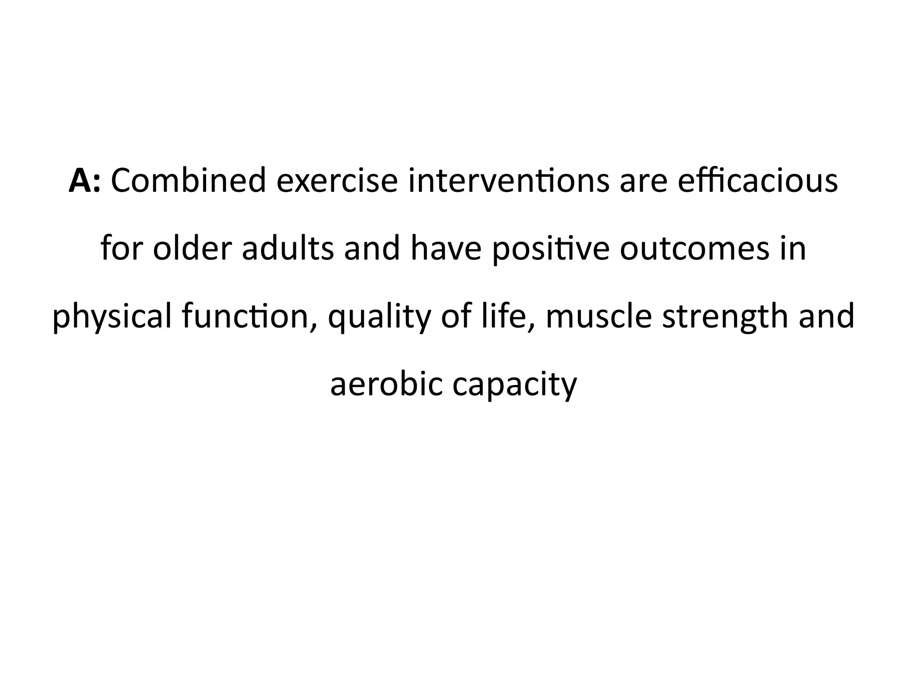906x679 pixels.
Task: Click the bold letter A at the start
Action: [x=81, y=181]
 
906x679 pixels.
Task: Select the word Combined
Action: [x=188, y=181]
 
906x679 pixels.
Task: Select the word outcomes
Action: [x=695, y=248]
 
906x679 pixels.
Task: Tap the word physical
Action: [x=112, y=317]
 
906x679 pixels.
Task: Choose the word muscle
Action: [x=599, y=317]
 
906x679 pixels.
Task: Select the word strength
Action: [x=725, y=317]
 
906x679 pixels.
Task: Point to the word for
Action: [x=122, y=248]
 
